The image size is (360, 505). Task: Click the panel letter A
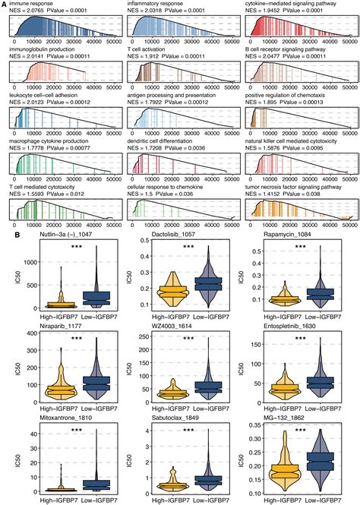pyautogui.click(x=5, y=4)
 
